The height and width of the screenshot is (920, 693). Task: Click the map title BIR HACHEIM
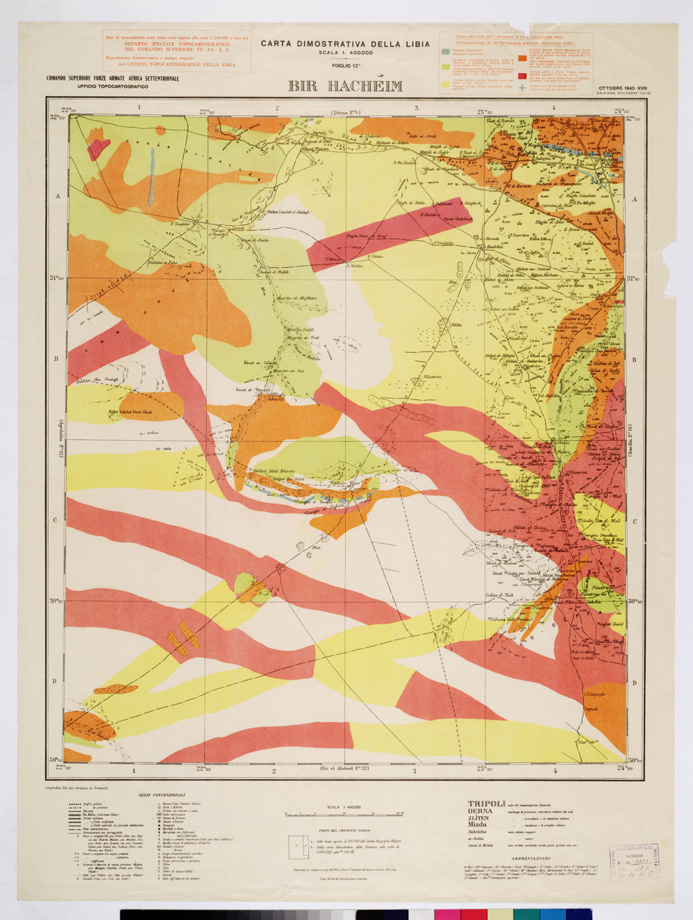pos(346,86)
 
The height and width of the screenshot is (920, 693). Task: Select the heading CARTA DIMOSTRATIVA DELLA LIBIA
pos(346,43)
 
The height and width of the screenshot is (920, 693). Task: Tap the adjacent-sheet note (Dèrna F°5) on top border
pos(344,112)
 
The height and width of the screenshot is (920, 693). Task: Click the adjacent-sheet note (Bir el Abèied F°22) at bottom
pos(345,770)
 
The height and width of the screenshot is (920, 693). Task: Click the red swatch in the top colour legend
pos(522,76)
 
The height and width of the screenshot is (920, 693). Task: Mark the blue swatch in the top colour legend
pos(445,51)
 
